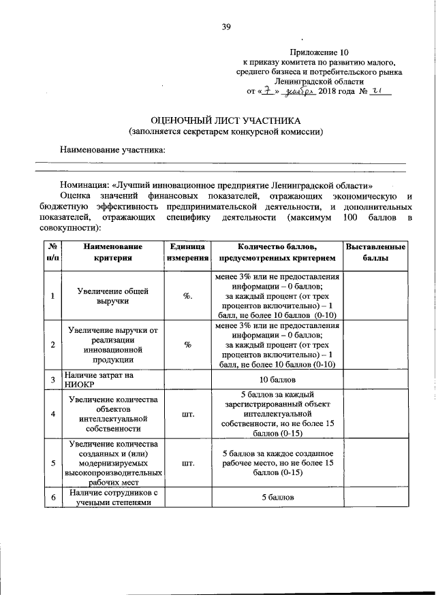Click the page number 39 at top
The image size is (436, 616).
tap(225, 27)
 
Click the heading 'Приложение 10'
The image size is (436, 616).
tap(319, 52)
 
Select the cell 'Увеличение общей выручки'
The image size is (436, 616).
tap(113, 295)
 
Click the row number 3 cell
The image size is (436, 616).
tap(52, 379)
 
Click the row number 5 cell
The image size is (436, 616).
tap(52, 463)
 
